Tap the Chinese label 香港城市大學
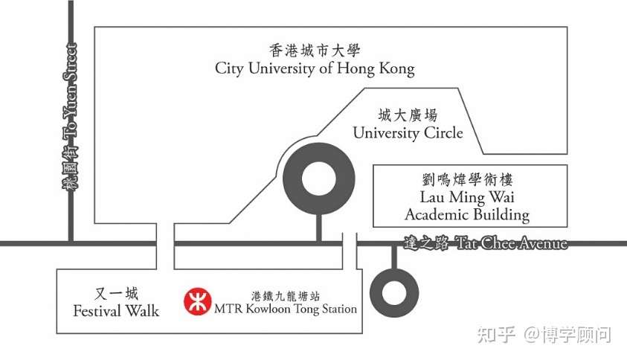(x=315, y=51)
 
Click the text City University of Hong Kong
(x=315, y=69)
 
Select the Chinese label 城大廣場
(x=408, y=115)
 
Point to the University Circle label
(x=408, y=133)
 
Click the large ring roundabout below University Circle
(x=318, y=176)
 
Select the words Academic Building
(x=466, y=215)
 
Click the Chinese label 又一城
(x=117, y=294)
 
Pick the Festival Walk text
(x=116, y=311)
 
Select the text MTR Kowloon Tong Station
(x=285, y=308)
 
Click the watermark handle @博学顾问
(x=567, y=335)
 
